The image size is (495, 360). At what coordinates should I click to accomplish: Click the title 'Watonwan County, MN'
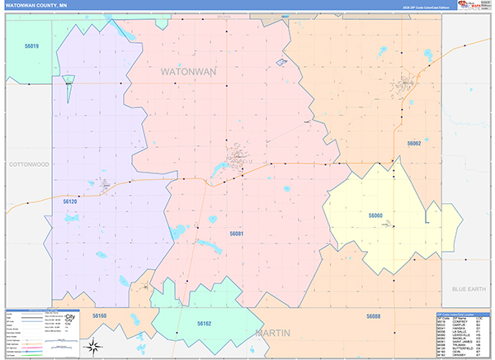click(36, 5)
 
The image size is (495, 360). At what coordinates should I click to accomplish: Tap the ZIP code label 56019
click(31, 46)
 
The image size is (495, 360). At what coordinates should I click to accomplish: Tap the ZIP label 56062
click(413, 143)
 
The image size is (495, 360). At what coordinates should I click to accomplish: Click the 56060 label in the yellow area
click(375, 216)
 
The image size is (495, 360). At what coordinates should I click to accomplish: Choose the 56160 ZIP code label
click(99, 316)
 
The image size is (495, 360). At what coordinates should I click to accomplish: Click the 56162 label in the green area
click(205, 324)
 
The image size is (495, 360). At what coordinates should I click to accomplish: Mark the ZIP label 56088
click(374, 316)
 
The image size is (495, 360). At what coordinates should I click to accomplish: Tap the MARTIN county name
click(274, 333)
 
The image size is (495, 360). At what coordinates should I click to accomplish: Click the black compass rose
click(96, 346)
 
